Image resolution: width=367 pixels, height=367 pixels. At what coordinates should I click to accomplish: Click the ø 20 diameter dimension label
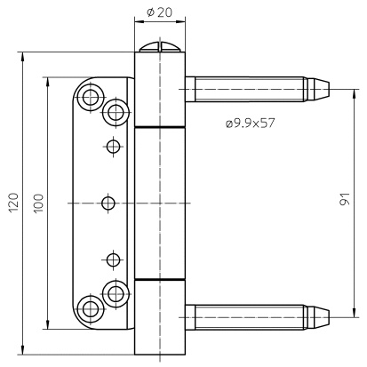(159, 12)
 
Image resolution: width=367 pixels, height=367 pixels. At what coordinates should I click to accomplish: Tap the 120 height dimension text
(13, 203)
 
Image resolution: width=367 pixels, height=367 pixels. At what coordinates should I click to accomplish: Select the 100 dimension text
(38, 203)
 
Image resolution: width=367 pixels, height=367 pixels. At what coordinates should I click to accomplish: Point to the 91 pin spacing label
(345, 199)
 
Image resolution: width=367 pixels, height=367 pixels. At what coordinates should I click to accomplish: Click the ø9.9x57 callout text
(250, 123)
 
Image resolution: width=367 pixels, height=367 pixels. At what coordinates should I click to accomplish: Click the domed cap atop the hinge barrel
(160, 47)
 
